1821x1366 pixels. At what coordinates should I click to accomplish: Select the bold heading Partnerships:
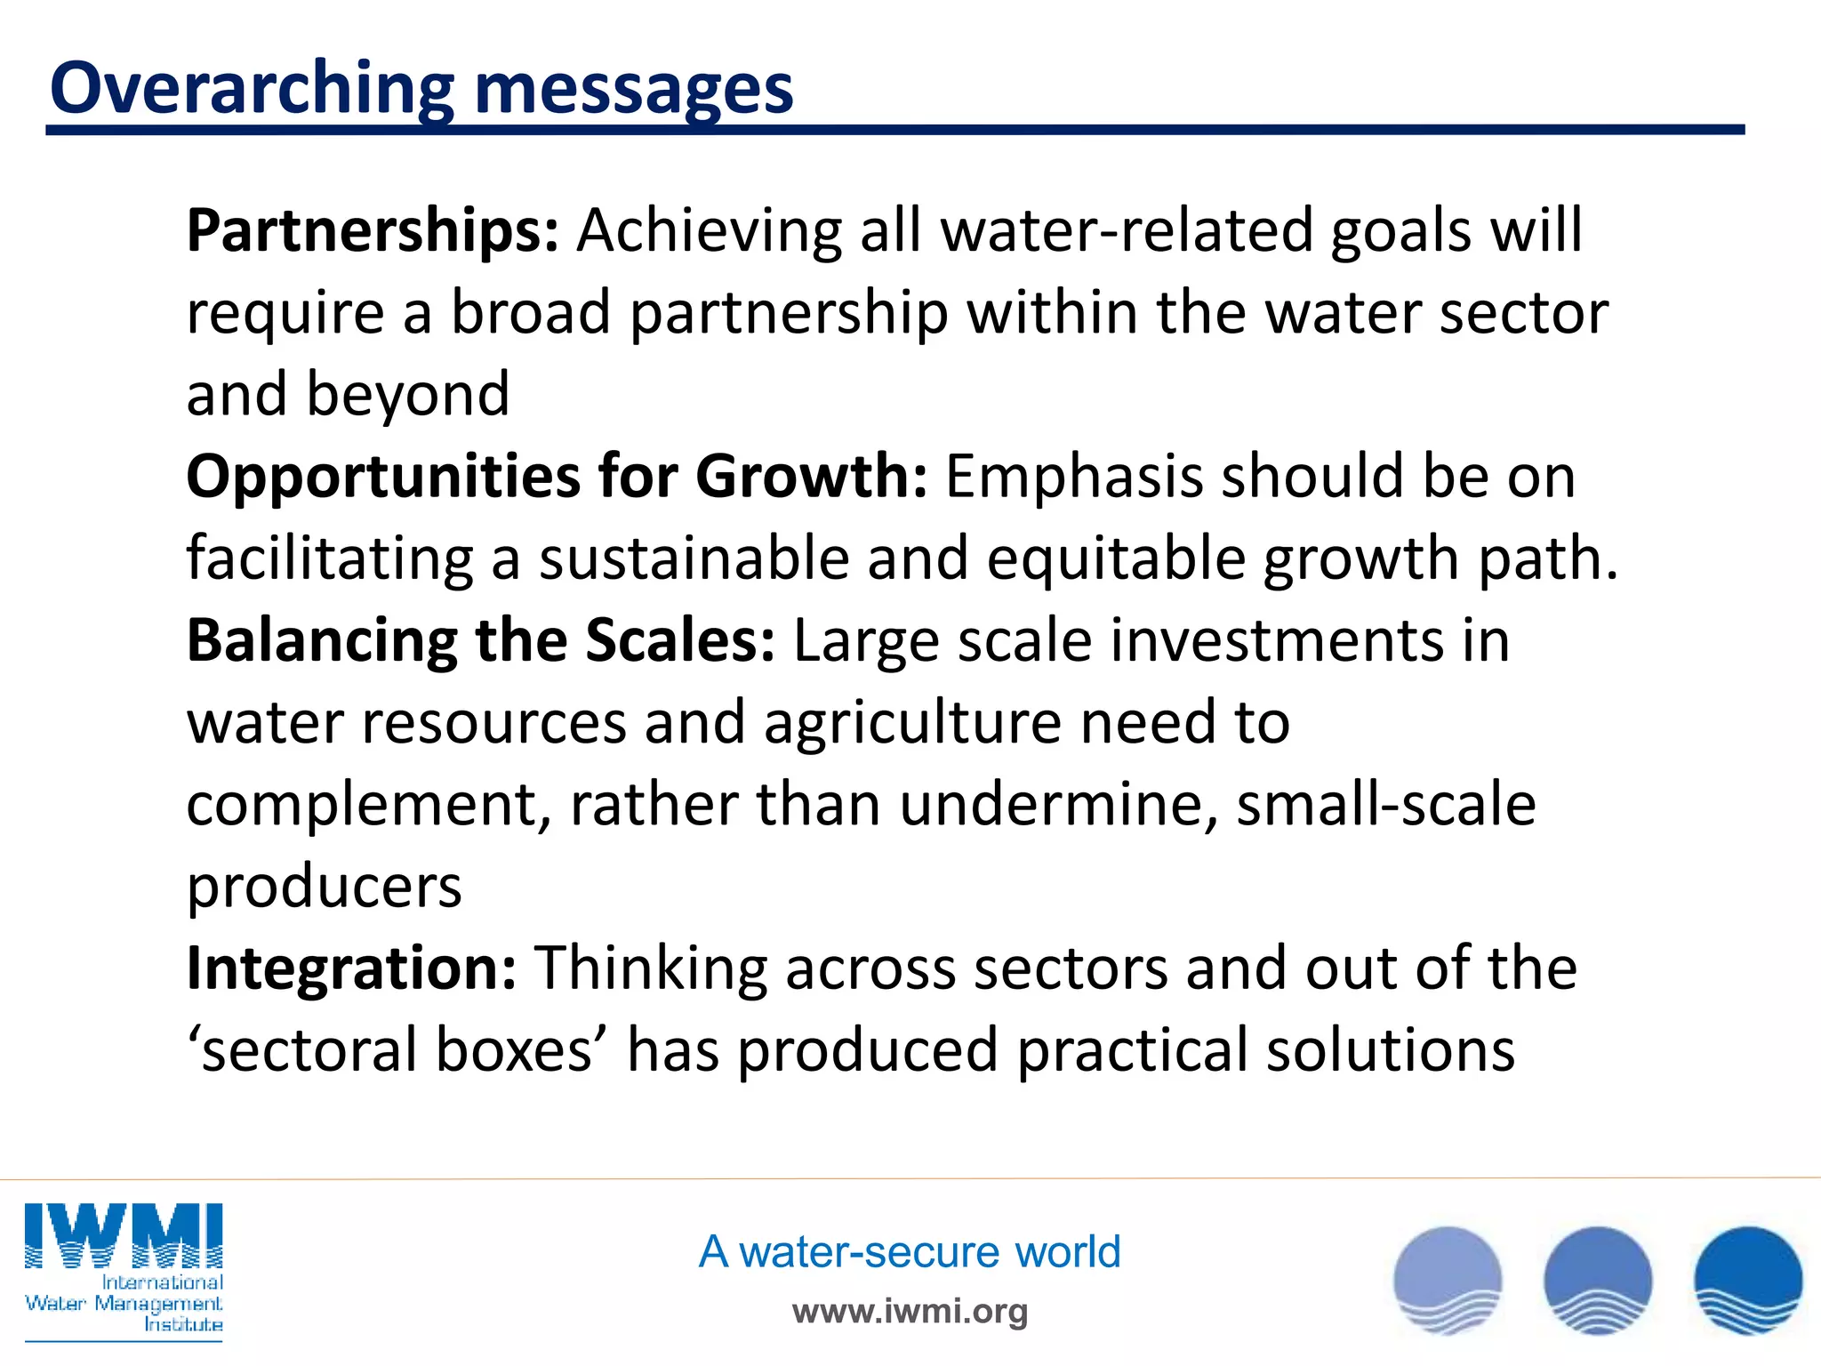pyautogui.click(x=373, y=231)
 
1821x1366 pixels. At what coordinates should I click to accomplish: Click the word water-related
pyautogui.click(x=1126, y=231)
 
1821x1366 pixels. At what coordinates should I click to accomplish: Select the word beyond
pyautogui.click(x=408, y=395)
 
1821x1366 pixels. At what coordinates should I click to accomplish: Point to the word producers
pyautogui.click(x=324, y=886)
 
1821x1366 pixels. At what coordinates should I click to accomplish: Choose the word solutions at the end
pyautogui.click(x=1390, y=1050)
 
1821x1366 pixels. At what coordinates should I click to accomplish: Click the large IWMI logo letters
pyautogui.click(x=124, y=1236)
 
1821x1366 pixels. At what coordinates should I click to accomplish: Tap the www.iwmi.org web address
pyautogui.click(x=910, y=1311)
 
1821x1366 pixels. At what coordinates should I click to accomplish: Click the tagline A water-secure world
pyautogui.click(x=909, y=1252)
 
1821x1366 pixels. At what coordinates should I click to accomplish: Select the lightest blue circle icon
pyautogui.click(x=1448, y=1281)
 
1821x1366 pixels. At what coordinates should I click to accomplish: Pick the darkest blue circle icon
pyautogui.click(x=1747, y=1281)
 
